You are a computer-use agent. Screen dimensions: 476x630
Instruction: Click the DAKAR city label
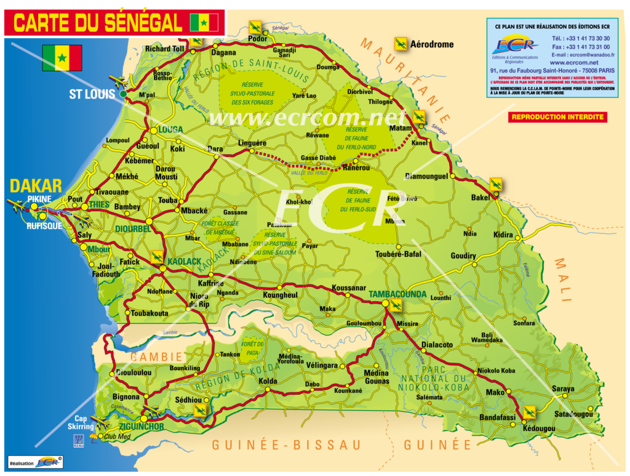(36, 186)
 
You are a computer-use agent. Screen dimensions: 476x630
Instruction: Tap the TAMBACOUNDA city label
(397, 294)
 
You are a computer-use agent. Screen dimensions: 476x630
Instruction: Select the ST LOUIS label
(92, 94)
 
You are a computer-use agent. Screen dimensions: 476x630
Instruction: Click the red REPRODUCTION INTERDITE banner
(558, 117)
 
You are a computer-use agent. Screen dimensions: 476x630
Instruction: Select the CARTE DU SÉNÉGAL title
(98, 23)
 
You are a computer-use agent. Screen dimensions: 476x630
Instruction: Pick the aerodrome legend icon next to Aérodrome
(401, 44)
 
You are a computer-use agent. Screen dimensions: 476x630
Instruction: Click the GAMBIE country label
(156, 357)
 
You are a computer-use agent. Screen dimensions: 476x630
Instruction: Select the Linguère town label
(252, 143)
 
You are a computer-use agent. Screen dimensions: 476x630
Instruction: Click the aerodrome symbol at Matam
(420, 116)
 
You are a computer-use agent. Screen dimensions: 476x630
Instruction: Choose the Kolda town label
(268, 381)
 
